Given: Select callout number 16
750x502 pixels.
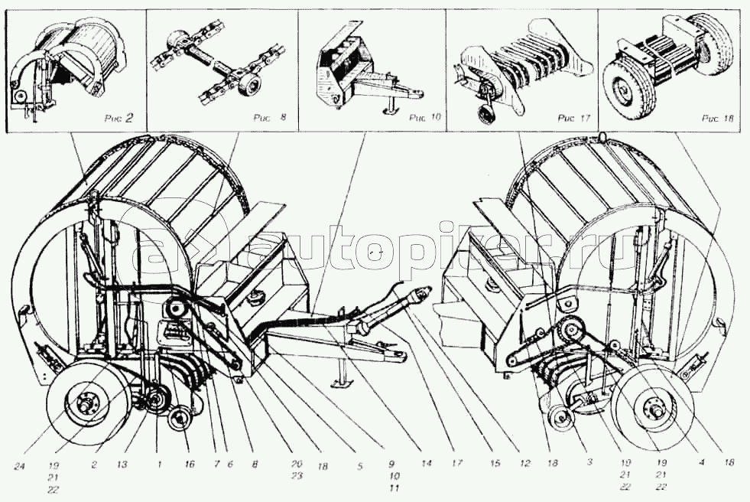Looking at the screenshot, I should [189, 465].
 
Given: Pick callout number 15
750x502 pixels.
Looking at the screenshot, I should [495, 465].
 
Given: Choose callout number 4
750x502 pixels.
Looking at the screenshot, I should [700, 464].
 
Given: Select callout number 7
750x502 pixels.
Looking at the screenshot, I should [217, 465].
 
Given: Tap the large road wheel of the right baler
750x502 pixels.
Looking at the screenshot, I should [654, 406].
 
